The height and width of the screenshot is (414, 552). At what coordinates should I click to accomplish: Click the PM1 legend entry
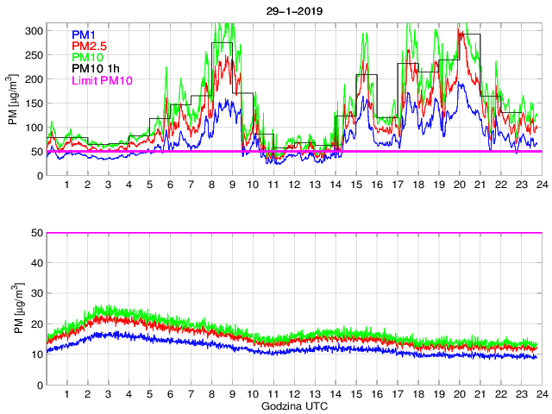click(85, 34)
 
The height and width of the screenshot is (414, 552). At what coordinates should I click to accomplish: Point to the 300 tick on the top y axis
click(34, 30)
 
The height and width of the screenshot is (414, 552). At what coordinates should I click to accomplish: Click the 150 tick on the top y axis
click(34, 103)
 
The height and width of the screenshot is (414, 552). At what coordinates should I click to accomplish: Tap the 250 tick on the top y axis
click(34, 54)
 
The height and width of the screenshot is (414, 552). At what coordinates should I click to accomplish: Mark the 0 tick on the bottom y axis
click(39, 384)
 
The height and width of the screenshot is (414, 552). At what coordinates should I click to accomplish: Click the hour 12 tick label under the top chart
click(294, 185)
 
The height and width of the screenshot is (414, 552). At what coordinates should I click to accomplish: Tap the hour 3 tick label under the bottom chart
click(108, 393)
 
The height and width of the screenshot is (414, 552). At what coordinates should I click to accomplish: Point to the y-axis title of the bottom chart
click(14, 309)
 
